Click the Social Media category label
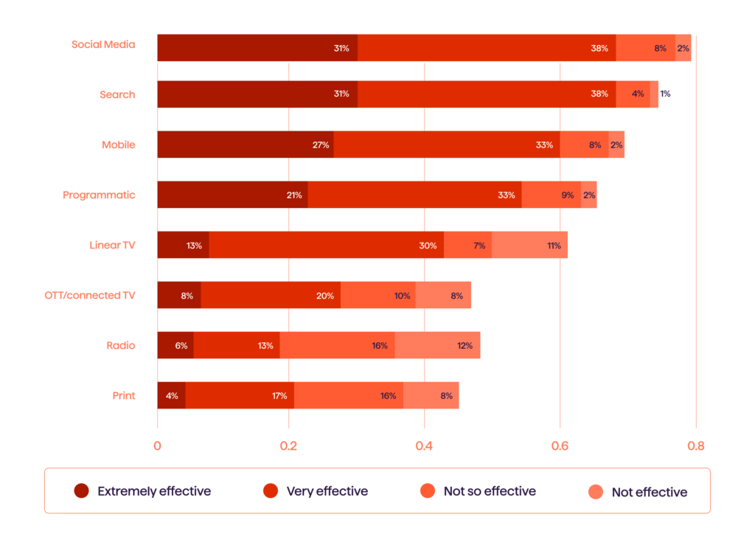pyautogui.click(x=103, y=44)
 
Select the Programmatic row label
pyautogui.click(x=99, y=195)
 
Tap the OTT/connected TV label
pyautogui.click(x=90, y=295)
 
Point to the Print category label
pyautogui.click(x=124, y=395)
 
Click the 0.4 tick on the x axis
pyautogui.click(x=424, y=446)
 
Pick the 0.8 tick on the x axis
pyautogui.click(x=695, y=446)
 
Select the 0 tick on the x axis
pyautogui.click(x=157, y=446)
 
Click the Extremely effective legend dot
pyautogui.click(x=81, y=491)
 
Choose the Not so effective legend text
pyautogui.click(x=490, y=491)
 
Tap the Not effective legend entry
pyautogui.click(x=649, y=492)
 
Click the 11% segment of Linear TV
pyautogui.click(x=529, y=245)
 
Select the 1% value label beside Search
pyautogui.click(x=665, y=94)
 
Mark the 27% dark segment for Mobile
pyautogui.click(x=246, y=145)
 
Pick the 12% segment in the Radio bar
pyautogui.click(x=437, y=345)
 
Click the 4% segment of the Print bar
pyautogui.click(x=171, y=395)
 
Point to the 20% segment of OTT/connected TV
pyautogui.click(x=271, y=295)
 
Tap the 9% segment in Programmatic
pyautogui.click(x=551, y=195)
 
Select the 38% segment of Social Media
pyautogui.click(x=487, y=47)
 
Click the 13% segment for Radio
pyautogui.click(x=237, y=345)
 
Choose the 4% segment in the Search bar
pyautogui.click(x=633, y=94)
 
